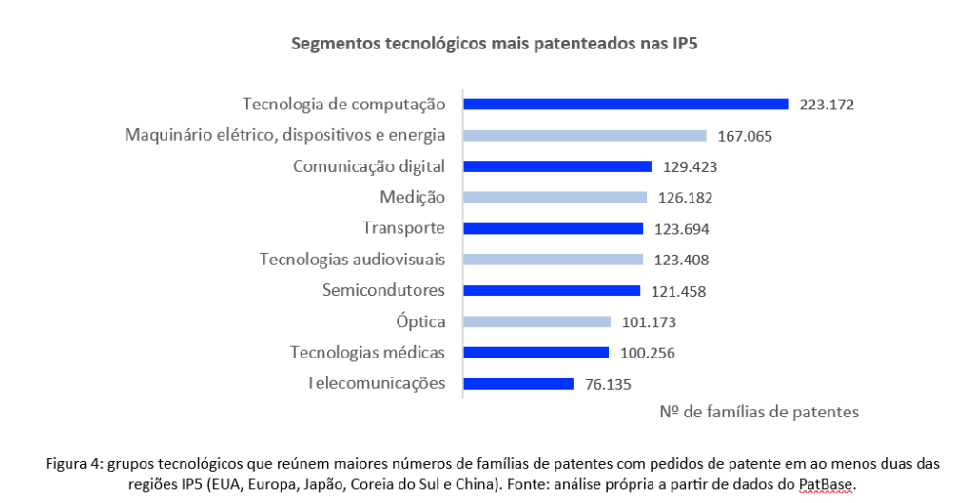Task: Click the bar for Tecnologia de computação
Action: coord(625,105)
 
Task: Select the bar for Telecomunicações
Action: coord(517,384)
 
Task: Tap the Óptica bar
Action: coord(536,322)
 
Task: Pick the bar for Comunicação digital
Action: coord(556,166)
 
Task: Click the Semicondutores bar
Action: coord(551,291)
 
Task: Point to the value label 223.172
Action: coord(827,105)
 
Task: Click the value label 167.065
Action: coord(745,136)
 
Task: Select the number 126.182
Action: coord(684,198)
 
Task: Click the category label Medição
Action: coord(413,197)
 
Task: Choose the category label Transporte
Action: coord(403,228)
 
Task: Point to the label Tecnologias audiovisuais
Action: coord(353,260)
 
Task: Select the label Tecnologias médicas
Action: coord(367,353)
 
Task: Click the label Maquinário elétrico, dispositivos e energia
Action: coord(285,135)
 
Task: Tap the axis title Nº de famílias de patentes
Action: coord(758,412)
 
